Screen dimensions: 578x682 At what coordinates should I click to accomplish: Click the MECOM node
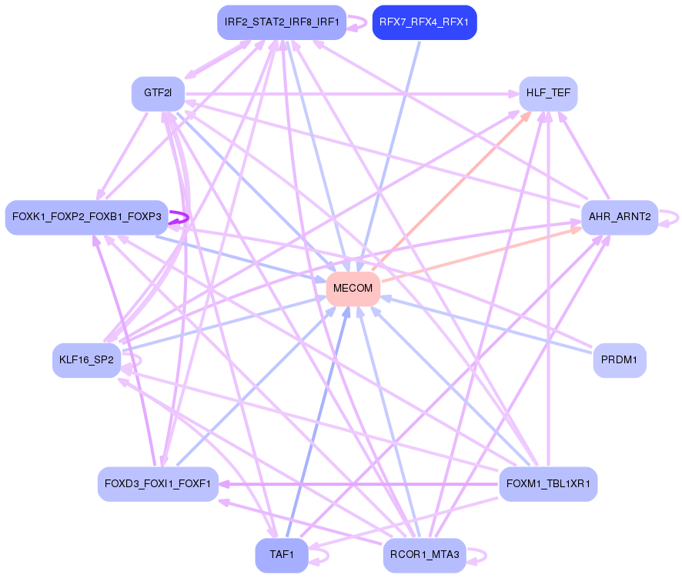[353, 289]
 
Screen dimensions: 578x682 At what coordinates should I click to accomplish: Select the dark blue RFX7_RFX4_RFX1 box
[424, 22]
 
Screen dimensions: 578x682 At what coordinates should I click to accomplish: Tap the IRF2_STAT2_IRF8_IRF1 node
[281, 22]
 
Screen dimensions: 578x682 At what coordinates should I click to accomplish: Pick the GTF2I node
[158, 93]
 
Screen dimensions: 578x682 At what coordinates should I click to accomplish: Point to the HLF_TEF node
[548, 93]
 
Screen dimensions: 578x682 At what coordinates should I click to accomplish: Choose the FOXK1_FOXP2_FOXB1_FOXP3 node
[86, 218]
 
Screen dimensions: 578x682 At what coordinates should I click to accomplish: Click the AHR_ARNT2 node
[619, 218]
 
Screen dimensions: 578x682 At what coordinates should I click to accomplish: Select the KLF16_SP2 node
[86, 359]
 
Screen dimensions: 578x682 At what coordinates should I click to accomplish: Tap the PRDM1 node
[619, 359]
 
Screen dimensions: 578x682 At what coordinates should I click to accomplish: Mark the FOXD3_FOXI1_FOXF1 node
[158, 484]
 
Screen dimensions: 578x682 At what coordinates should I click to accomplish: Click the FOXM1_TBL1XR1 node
[548, 484]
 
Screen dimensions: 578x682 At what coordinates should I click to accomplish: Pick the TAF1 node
[281, 555]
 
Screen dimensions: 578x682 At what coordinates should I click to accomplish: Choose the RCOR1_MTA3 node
[424, 555]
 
